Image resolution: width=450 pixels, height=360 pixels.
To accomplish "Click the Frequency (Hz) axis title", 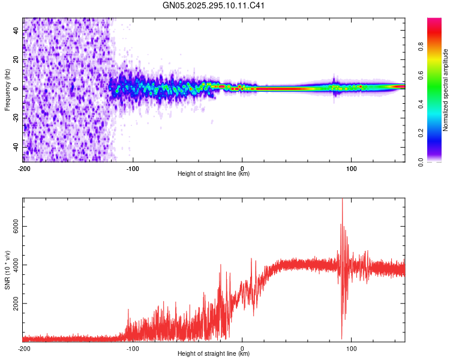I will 7,90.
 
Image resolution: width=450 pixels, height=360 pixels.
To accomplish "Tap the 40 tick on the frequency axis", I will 17,30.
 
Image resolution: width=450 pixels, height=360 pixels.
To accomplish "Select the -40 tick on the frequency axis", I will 17,147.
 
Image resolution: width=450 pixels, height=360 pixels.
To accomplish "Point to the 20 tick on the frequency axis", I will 17,59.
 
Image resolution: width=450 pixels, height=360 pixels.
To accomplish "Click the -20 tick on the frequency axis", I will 17,118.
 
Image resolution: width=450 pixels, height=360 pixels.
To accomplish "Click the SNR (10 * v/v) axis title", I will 7,270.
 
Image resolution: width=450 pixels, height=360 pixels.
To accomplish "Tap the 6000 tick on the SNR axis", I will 17,226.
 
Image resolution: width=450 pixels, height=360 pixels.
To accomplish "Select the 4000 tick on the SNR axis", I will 17,265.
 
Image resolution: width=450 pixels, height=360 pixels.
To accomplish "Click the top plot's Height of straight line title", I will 214,174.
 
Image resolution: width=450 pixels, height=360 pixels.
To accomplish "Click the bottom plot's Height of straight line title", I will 214,354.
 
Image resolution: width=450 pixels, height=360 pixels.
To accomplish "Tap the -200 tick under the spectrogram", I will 24,168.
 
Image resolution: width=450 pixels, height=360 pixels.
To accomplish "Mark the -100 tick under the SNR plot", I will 133,348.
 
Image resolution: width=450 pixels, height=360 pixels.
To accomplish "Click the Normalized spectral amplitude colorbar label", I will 446,90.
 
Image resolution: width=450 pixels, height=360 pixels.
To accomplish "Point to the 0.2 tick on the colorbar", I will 422,133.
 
